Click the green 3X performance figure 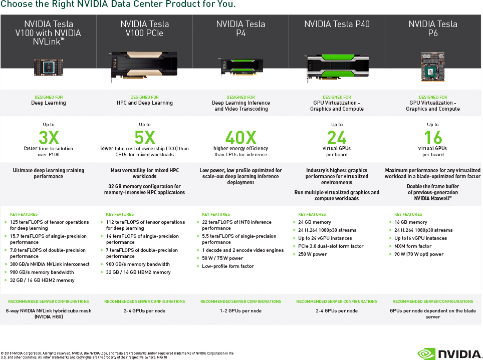click(49, 138)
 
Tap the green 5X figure click(145, 138)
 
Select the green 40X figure click(241, 138)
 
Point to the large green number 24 click(337, 138)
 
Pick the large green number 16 click(433, 138)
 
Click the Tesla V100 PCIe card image click(144, 66)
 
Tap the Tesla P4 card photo click(240, 67)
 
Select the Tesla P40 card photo click(337, 68)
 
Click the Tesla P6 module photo click(433, 67)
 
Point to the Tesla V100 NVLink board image click(49, 68)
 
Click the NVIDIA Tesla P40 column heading click(337, 24)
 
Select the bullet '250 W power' click(312, 254)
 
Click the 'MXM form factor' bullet click(413, 246)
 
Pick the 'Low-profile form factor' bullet click(227, 266)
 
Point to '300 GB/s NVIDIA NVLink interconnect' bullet click(50, 264)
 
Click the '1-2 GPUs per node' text click(240, 311)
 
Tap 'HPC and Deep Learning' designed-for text click(144, 103)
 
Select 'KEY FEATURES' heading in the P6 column click(408, 214)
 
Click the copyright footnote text click(117, 355)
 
